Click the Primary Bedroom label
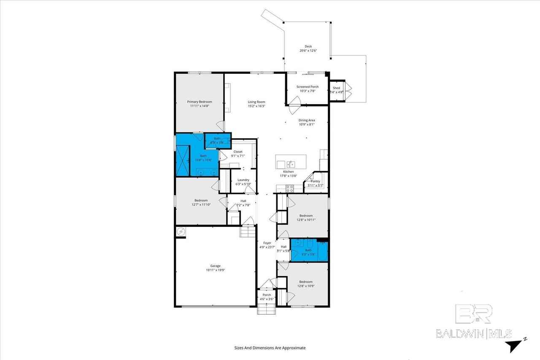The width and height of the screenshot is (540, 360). (200, 102)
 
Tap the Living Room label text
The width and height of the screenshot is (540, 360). (256, 102)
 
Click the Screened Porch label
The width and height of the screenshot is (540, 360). (307, 86)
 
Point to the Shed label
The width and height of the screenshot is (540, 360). (336, 88)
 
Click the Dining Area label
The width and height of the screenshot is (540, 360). (307, 120)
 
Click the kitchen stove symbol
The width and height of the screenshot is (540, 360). (290, 189)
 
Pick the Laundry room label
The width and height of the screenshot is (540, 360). (243, 180)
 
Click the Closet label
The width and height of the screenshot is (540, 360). (238, 151)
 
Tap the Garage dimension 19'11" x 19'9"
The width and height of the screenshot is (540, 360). (215, 270)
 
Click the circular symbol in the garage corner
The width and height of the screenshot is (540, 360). (181, 231)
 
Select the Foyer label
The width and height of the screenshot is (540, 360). (267, 243)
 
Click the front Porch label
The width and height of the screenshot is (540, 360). (267, 295)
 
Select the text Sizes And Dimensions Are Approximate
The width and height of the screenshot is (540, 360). (270, 348)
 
